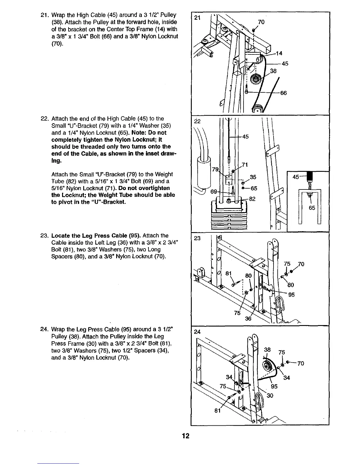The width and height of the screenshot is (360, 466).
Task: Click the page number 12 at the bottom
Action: point(186,436)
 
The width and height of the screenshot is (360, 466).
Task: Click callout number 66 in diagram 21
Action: point(283,93)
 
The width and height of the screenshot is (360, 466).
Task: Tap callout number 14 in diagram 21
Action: point(279,53)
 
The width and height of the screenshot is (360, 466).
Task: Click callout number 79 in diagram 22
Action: point(215,170)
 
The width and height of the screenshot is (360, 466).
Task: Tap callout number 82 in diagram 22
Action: point(253,199)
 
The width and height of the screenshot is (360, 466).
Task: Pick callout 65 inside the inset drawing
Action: point(312,208)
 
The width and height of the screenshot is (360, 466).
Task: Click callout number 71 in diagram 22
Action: point(244,165)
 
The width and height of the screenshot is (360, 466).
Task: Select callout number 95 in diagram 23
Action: point(291,294)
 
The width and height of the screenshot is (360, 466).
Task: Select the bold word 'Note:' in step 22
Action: point(141,133)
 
